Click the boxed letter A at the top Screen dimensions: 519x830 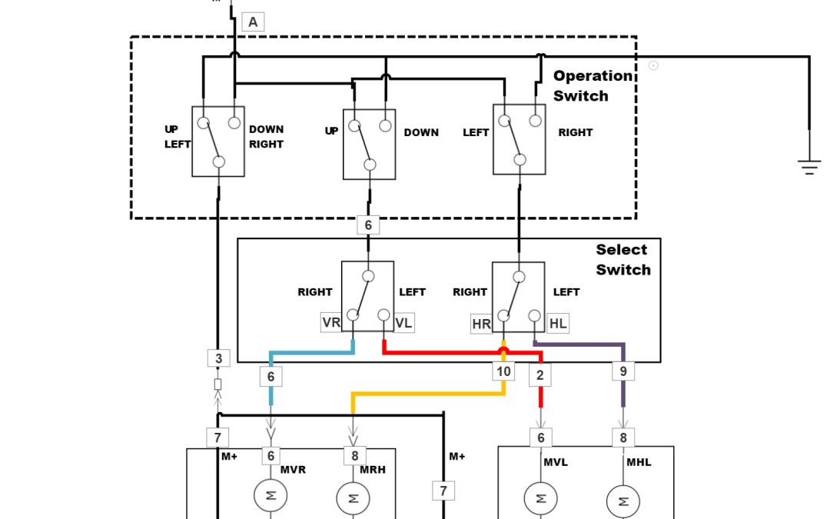click(x=253, y=22)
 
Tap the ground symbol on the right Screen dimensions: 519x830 click(x=808, y=166)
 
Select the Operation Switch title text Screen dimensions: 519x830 click(x=593, y=86)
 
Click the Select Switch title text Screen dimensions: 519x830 click(x=622, y=259)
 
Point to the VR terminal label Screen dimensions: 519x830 click(x=331, y=323)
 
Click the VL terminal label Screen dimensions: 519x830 click(x=403, y=323)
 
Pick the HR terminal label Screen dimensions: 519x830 click(x=481, y=324)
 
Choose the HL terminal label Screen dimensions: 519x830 click(x=558, y=324)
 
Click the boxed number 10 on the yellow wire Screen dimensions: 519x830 click(x=503, y=372)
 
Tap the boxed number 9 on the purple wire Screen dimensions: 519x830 click(x=623, y=372)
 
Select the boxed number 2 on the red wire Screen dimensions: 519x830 click(x=540, y=375)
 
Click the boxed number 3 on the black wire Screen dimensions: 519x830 click(x=218, y=358)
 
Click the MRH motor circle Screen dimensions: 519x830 click(x=353, y=498)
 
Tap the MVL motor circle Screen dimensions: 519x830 click(x=540, y=498)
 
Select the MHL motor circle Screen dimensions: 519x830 click(x=622, y=503)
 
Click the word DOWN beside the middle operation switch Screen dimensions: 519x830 click(x=421, y=132)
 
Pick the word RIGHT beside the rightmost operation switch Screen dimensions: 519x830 click(x=575, y=132)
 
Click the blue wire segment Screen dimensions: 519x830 click(x=311, y=354)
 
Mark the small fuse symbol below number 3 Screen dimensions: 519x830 click(x=218, y=384)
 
